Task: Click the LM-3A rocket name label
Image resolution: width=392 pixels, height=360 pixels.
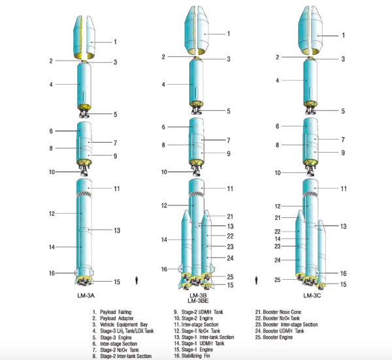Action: [84, 295]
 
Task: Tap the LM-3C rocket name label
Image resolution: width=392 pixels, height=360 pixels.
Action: [310, 295]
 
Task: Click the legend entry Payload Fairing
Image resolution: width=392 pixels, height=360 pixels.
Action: [115, 312]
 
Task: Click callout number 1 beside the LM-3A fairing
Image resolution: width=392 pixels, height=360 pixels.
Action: [116, 42]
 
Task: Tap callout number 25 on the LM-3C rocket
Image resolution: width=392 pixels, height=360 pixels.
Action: [278, 280]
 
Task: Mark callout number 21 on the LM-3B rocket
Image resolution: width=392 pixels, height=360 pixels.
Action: [230, 216]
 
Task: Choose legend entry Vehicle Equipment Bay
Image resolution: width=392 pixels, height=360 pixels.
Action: [120, 325]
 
